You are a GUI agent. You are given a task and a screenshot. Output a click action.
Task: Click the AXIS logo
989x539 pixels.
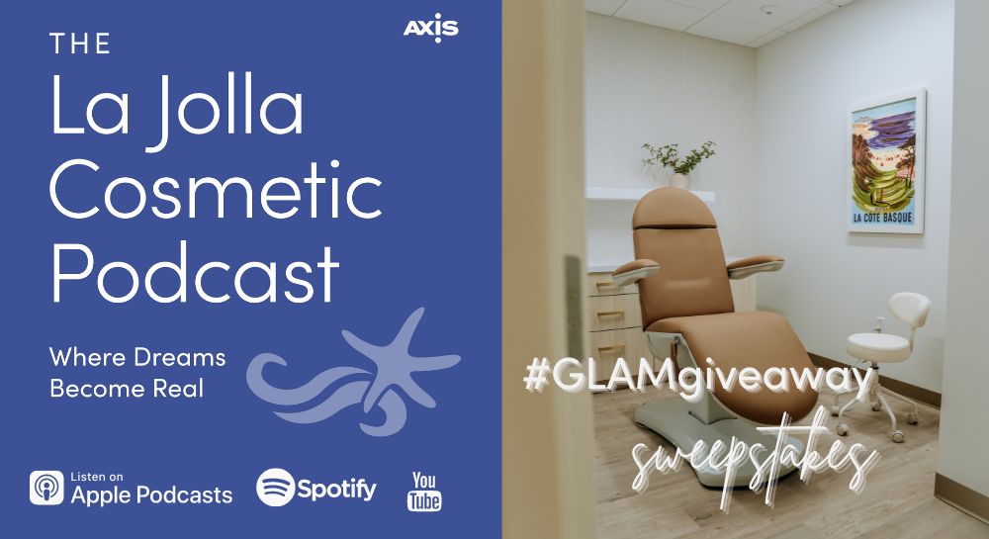point(431,28)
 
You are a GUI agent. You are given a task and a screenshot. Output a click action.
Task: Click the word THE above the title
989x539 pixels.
point(80,45)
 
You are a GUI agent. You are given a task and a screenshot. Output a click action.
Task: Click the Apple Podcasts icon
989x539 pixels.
point(46,488)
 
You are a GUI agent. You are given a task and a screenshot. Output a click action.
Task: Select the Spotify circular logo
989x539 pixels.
point(276,487)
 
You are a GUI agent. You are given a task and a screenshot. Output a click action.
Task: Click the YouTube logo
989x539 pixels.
point(424,491)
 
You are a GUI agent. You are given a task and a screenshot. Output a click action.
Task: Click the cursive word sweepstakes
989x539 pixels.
point(755,459)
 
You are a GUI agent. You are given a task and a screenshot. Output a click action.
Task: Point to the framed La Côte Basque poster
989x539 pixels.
point(885,161)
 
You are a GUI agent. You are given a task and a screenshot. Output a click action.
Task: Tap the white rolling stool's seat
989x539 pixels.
point(878,346)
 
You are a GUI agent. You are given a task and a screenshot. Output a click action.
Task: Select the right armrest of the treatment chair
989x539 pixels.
point(756,265)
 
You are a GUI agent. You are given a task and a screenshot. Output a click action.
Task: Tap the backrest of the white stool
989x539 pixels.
point(910,310)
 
